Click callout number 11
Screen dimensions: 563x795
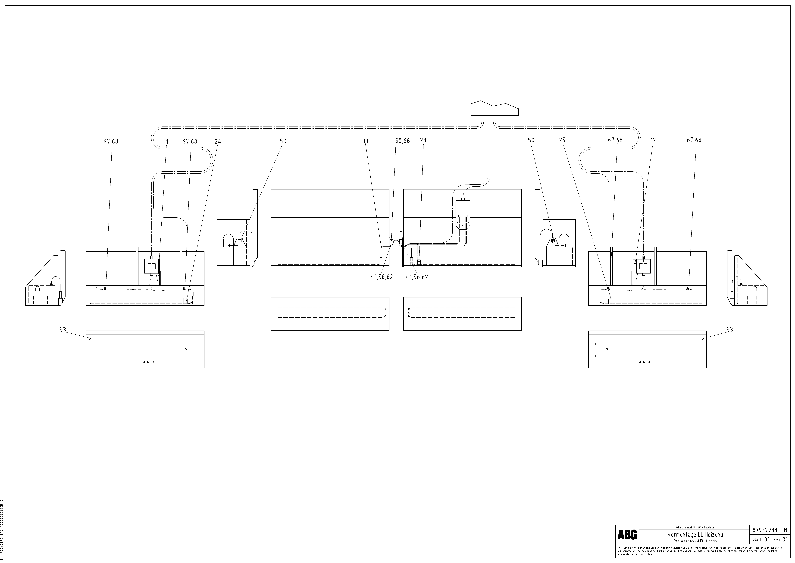click(166, 141)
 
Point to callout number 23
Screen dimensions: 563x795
click(423, 140)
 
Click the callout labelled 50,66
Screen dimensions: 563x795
click(402, 141)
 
